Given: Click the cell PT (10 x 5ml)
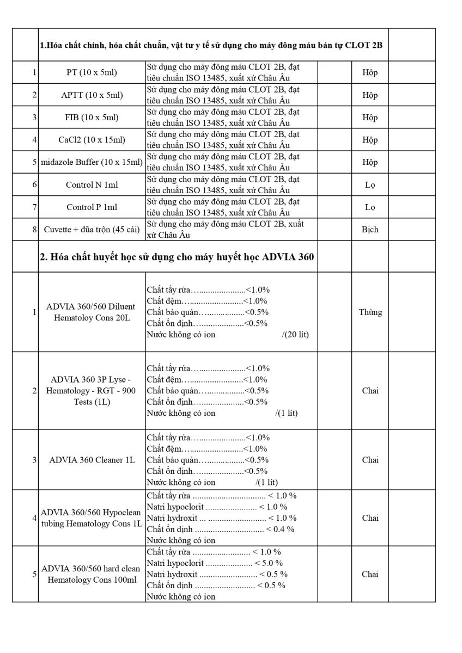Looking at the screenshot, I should click(x=92, y=72).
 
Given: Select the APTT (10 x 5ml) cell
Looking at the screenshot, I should click(x=92, y=95).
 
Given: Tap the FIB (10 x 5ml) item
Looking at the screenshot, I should click(x=92, y=117).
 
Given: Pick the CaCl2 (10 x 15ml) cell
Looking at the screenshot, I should click(x=92, y=140).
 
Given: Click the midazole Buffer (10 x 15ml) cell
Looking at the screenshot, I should click(x=92, y=162).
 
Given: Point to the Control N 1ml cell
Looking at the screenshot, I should click(x=92, y=184).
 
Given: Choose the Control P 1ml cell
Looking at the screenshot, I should click(x=92, y=207).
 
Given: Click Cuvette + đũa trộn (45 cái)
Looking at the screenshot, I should click(x=92, y=230).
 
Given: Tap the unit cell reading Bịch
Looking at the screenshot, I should click(x=370, y=230).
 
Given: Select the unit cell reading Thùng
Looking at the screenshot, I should click(x=370, y=312).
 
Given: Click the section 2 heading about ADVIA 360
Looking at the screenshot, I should click(x=177, y=257).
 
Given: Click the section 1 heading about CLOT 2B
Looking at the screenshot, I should click(x=211, y=45).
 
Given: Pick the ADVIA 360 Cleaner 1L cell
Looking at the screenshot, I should click(x=92, y=460).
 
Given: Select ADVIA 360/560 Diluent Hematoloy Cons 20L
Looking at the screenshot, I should click(x=92, y=312).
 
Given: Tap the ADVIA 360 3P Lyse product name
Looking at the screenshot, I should click(x=92, y=390).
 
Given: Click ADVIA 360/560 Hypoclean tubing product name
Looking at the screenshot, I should click(x=92, y=518).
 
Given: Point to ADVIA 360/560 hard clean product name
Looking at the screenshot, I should click(x=92, y=574).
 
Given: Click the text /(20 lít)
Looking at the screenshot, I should click(x=295, y=334).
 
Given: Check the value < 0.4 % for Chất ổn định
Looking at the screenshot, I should click(x=280, y=529).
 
